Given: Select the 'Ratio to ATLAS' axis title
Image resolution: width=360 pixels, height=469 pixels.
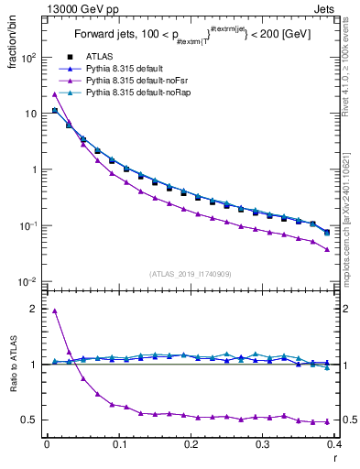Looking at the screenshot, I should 13,384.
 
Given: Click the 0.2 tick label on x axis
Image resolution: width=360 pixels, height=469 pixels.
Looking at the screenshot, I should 191,443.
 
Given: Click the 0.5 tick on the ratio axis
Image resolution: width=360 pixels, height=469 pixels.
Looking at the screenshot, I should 30,420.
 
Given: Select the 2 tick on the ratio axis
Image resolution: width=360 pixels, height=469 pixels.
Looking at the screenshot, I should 34,309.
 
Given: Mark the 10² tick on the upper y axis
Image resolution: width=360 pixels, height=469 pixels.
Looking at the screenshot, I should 27,57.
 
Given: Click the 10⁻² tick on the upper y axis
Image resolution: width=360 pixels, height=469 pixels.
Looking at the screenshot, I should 27,281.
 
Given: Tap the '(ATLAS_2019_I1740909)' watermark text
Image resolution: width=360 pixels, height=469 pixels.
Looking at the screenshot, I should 191,273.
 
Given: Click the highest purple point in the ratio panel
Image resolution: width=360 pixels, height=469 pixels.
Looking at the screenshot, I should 55,311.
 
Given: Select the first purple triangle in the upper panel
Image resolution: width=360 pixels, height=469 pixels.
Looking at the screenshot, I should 55,94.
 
